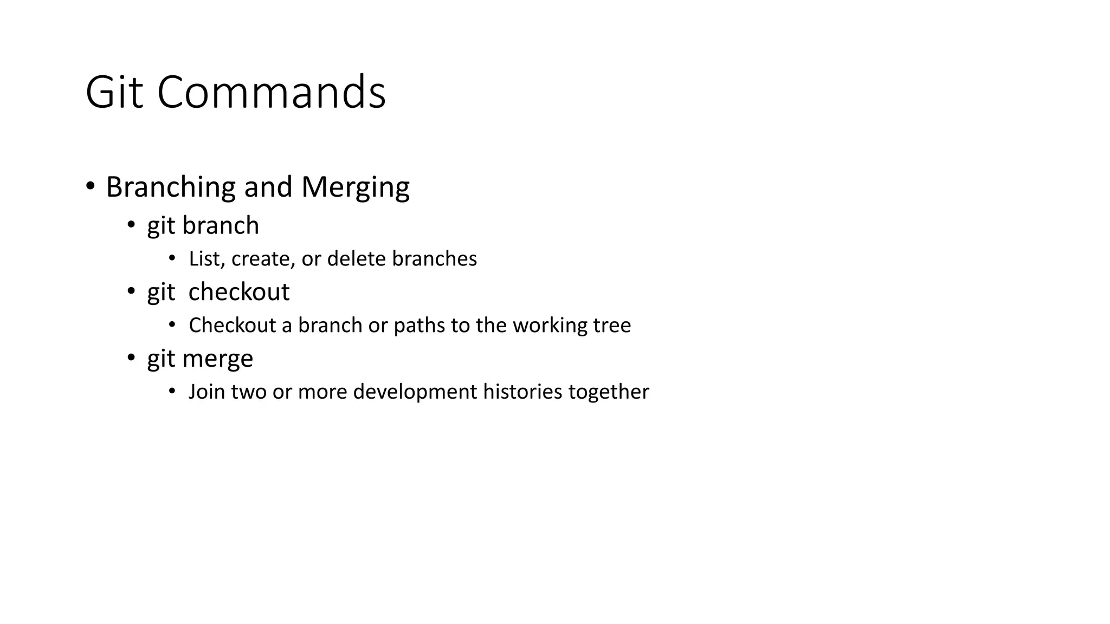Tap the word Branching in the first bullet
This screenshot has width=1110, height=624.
click(171, 187)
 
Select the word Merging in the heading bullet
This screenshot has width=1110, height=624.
click(355, 187)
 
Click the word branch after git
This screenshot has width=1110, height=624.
click(221, 225)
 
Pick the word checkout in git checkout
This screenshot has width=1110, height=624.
click(238, 292)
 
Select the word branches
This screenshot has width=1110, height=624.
click(434, 259)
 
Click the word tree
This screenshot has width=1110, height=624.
click(612, 326)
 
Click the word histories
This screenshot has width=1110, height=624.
click(522, 392)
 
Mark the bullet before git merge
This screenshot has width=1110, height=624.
click(131, 358)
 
